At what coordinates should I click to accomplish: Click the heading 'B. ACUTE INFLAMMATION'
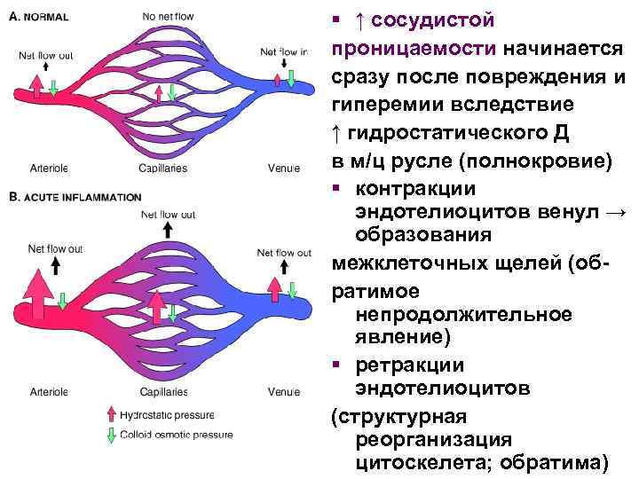point(75,197)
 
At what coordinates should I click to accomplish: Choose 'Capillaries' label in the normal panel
point(163,169)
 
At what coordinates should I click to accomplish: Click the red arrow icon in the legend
point(110,413)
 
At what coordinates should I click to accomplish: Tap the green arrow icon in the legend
point(110,435)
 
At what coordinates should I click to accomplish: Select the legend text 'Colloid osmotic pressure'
point(178,435)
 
